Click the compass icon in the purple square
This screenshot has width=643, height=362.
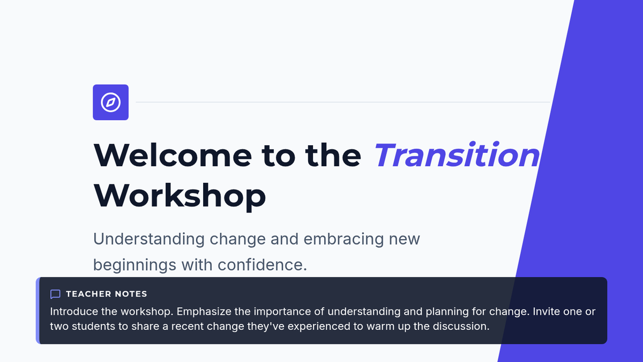point(110,102)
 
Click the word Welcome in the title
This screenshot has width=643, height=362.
point(173,156)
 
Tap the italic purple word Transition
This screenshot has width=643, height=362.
point(457,155)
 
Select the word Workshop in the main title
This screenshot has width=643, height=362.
point(180,196)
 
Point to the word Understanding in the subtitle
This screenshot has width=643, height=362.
point(149,239)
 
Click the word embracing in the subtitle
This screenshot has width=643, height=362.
point(343,239)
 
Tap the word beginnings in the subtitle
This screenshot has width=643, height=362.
point(134,265)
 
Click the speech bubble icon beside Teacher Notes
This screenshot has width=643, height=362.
point(55,294)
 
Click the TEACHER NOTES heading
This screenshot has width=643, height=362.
point(107,294)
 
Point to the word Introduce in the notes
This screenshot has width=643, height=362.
point(74,312)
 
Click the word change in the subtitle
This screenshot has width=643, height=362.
point(238,240)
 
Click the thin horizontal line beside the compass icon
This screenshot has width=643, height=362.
point(343,102)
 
